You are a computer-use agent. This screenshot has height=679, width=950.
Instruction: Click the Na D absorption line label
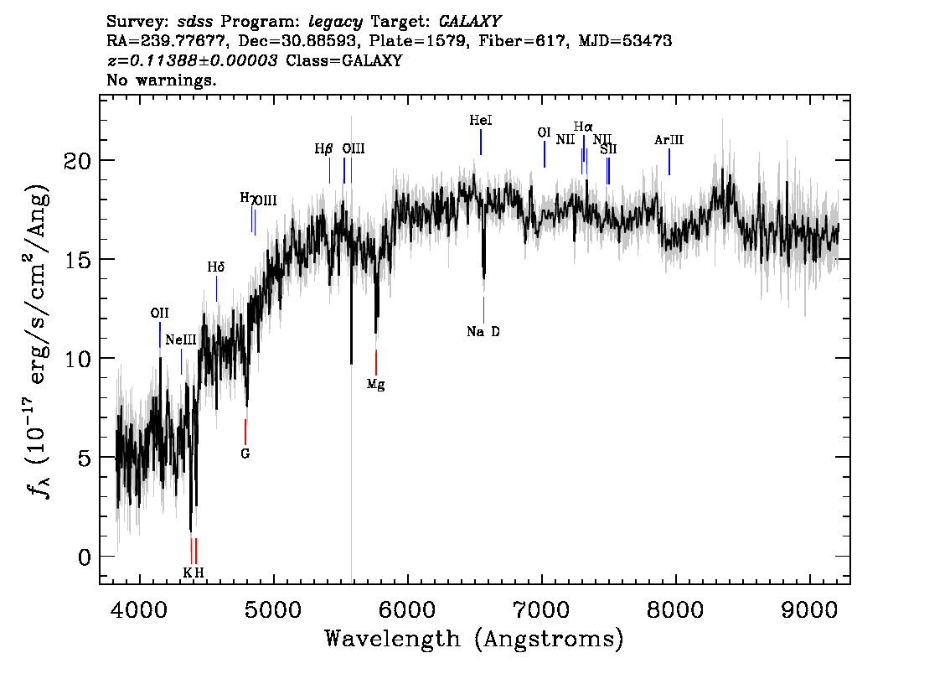pyautogui.click(x=483, y=332)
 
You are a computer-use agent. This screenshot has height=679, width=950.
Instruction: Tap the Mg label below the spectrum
pyautogui.click(x=375, y=385)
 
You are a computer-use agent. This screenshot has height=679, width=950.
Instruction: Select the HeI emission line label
pyautogui.click(x=481, y=121)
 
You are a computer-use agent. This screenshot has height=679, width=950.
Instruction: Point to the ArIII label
pyautogui.click(x=669, y=140)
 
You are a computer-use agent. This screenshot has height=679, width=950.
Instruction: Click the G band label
pyautogui.click(x=245, y=454)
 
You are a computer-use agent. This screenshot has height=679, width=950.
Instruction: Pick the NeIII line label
pyautogui.click(x=181, y=339)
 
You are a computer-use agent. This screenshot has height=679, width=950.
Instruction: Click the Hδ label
pyautogui.click(x=215, y=267)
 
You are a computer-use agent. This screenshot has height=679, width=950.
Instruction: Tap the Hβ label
pyautogui.click(x=323, y=149)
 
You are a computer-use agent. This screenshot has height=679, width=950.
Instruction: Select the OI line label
pyautogui.click(x=544, y=132)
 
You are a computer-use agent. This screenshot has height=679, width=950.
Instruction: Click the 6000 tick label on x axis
pyautogui.click(x=407, y=609)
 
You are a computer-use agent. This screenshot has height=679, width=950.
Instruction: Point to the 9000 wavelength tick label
pyautogui.click(x=809, y=609)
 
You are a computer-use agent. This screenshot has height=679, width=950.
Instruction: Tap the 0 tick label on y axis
pyautogui.click(x=85, y=557)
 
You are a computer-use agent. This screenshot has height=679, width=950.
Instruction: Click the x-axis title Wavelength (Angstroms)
pyautogui.click(x=474, y=639)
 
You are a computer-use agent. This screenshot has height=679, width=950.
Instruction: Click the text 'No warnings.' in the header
pyautogui.click(x=161, y=80)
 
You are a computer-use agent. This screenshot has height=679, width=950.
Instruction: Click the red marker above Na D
pyautogui.click(x=483, y=310)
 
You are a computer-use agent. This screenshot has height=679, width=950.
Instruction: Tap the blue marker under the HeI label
pyautogui.click(x=481, y=142)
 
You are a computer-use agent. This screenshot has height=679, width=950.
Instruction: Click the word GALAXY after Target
pyautogui.click(x=469, y=22)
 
